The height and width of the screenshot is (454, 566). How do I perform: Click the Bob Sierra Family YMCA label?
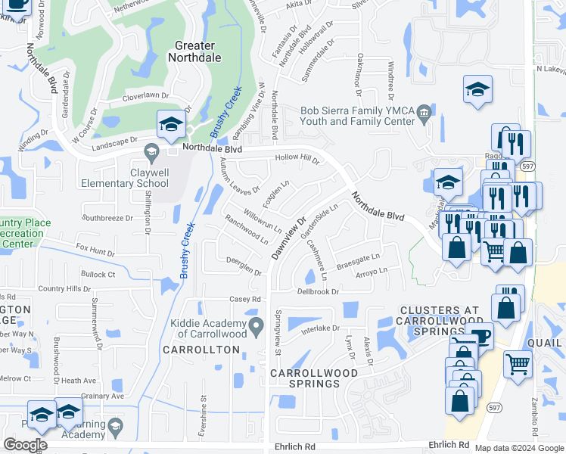click(357, 116)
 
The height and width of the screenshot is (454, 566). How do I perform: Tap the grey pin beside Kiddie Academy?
click(257, 326)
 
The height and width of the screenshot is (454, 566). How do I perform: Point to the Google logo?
click(25, 445)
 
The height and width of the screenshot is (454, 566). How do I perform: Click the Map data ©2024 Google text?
click(518, 448)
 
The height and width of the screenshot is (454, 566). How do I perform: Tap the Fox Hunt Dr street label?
click(95, 250)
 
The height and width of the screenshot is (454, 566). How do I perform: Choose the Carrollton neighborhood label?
click(201, 350)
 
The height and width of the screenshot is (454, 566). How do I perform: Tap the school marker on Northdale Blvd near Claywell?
click(171, 125)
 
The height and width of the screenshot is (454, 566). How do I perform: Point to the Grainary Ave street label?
click(102, 396)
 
